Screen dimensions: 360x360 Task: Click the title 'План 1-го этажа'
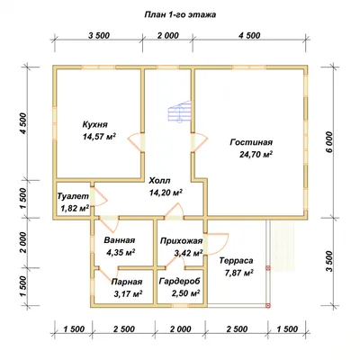[180, 14]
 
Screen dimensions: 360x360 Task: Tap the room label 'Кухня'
[94, 124]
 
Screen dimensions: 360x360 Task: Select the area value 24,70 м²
[256, 154]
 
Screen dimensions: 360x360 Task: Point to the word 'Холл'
[159, 181]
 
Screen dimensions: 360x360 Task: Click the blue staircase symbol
[179, 112]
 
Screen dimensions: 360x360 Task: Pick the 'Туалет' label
[73, 196]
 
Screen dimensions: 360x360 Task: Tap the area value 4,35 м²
[121, 252]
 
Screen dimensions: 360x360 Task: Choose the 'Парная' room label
[127, 282]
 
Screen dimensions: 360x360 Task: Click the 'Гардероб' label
[179, 282]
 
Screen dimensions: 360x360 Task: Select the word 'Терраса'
[236, 261]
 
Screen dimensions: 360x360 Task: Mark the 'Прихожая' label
[181, 241]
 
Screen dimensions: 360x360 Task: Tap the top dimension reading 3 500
[99, 35]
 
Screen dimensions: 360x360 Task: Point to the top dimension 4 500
[249, 35]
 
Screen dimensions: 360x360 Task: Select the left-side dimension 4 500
[24, 124]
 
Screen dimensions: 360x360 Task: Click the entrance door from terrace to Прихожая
[218, 245]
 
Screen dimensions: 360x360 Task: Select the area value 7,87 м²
[239, 273]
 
